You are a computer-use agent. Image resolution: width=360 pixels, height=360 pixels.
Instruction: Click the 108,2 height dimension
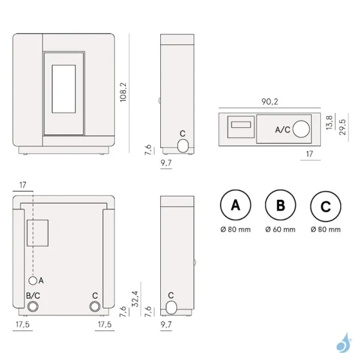coord(123,92)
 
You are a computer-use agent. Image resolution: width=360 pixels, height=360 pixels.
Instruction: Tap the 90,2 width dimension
coord(270,102)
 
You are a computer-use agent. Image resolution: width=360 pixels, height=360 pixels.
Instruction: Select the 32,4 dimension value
coord(135,299)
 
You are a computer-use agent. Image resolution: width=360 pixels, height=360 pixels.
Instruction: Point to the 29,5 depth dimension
coord(343,127)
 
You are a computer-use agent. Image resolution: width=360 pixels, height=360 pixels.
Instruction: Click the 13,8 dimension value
coord(329,123)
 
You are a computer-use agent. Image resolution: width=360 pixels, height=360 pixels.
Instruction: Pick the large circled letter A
coord(236,205)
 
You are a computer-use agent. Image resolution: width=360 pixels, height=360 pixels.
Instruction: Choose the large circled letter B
coord(281,205)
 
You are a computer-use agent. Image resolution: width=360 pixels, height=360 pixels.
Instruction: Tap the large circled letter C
coord(326,206)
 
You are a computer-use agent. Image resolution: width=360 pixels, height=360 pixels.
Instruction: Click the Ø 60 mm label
coord(280,229)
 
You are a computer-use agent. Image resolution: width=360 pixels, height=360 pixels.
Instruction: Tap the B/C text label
coord(33,295)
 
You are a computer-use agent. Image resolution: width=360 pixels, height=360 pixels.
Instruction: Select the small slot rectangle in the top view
coord(241,125)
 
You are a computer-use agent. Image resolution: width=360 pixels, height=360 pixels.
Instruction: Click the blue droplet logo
coord(344,343)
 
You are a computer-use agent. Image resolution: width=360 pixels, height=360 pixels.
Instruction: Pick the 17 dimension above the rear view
coord(23,185)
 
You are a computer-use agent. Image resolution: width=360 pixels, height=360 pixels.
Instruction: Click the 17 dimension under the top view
coord(310,154)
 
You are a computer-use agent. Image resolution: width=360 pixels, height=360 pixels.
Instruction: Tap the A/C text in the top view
coord(283,130)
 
